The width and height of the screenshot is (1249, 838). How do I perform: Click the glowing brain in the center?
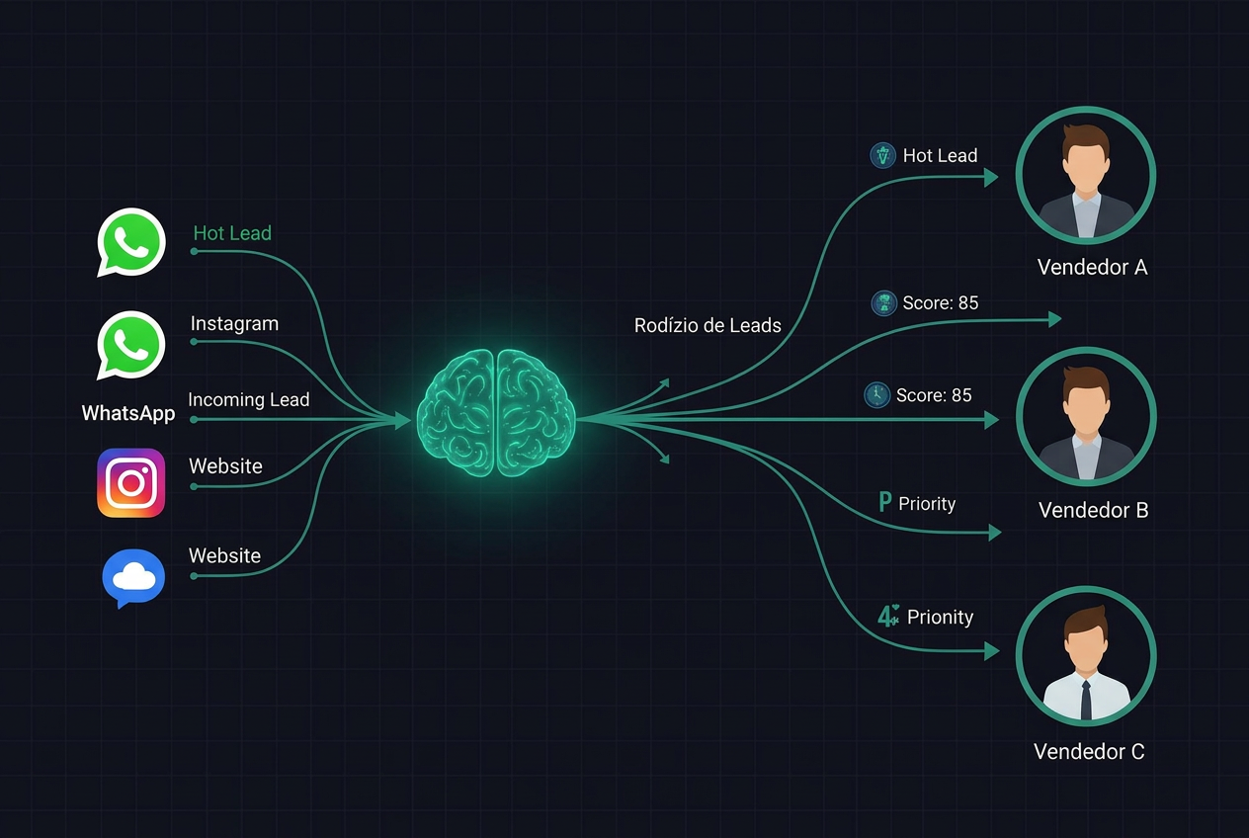pos(496,413)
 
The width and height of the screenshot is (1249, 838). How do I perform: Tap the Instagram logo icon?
pos(131,483)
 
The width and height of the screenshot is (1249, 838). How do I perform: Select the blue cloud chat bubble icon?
pos(133,578)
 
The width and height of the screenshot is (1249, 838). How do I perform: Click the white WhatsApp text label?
pos(128,413)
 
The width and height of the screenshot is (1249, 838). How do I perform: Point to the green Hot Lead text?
pos(232,233)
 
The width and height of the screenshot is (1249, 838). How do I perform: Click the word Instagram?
pos(234,324)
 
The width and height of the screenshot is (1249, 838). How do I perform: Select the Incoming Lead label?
pos(249,400)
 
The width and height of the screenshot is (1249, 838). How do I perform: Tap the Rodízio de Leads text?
pos(708,325)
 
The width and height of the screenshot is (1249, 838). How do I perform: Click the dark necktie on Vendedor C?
pos(1086,700)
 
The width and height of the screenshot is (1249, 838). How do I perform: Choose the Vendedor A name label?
pos(1092,268)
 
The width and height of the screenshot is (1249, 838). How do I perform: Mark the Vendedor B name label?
pos(1094,510)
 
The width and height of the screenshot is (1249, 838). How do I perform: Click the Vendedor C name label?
pos(1089,752)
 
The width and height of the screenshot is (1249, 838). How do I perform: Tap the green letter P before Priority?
pos(885,502)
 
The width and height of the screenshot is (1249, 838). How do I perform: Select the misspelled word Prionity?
pos(940,618)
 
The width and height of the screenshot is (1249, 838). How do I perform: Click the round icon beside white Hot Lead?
pos(883,155)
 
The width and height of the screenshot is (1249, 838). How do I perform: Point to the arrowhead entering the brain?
pos(402,420)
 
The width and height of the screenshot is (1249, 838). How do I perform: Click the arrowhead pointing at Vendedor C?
pos(992,650)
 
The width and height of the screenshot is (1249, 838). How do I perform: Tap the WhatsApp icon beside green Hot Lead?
pos(131,242)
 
